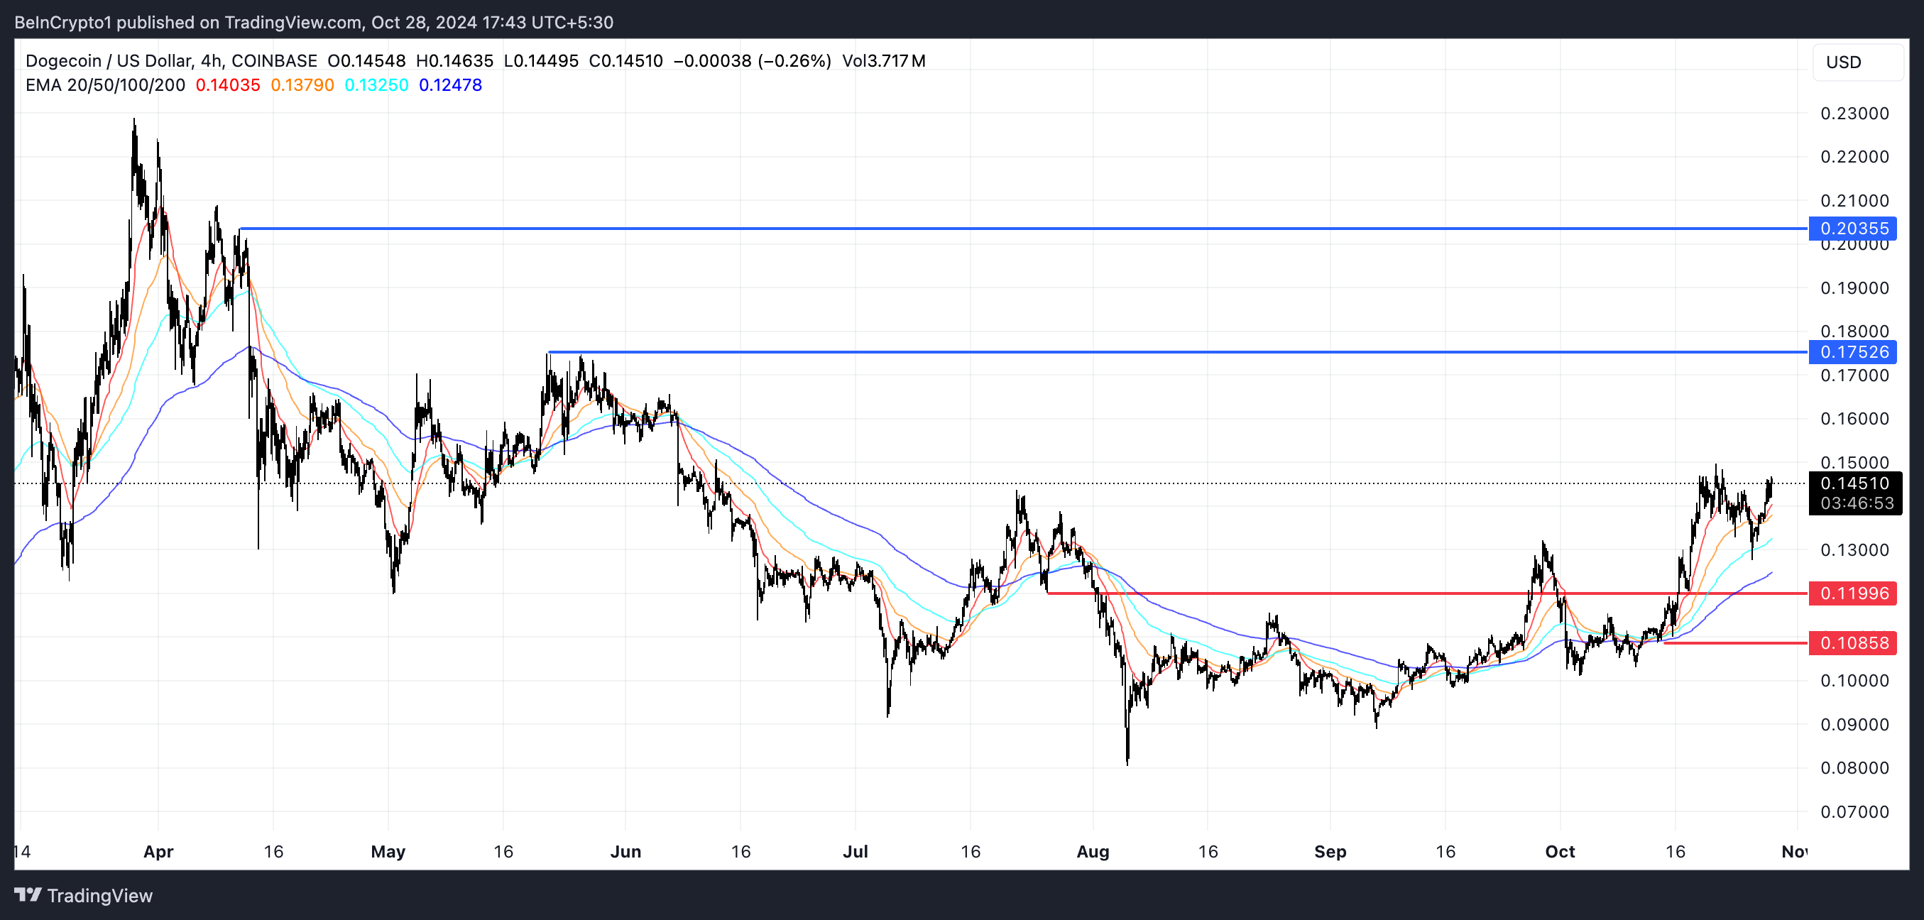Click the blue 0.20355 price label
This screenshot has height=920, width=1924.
coord(1853,229)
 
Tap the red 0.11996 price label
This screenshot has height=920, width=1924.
coord(1853,593)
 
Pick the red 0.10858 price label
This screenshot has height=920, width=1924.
coord(1853,643)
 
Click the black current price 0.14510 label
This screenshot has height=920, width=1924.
coord(1854,483)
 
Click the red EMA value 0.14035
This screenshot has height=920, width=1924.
coord(228,85)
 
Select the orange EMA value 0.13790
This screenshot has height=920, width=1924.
coord(302,85)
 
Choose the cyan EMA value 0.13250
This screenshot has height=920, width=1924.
coord(376,85)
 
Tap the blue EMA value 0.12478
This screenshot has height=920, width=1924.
coord(450,85)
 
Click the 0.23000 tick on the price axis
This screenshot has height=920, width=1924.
coord(1854,114)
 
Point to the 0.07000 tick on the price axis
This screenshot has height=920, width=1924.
coord(1854,811)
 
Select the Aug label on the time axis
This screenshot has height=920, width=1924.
coord(1093,851)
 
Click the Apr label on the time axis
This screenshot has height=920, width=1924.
coord(158,851)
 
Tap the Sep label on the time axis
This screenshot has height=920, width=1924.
coord(1330,851)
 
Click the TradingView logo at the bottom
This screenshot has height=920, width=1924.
coord(84,895)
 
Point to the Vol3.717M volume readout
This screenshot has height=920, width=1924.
coord(884,61)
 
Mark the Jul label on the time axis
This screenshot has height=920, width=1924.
coord(856,851)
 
